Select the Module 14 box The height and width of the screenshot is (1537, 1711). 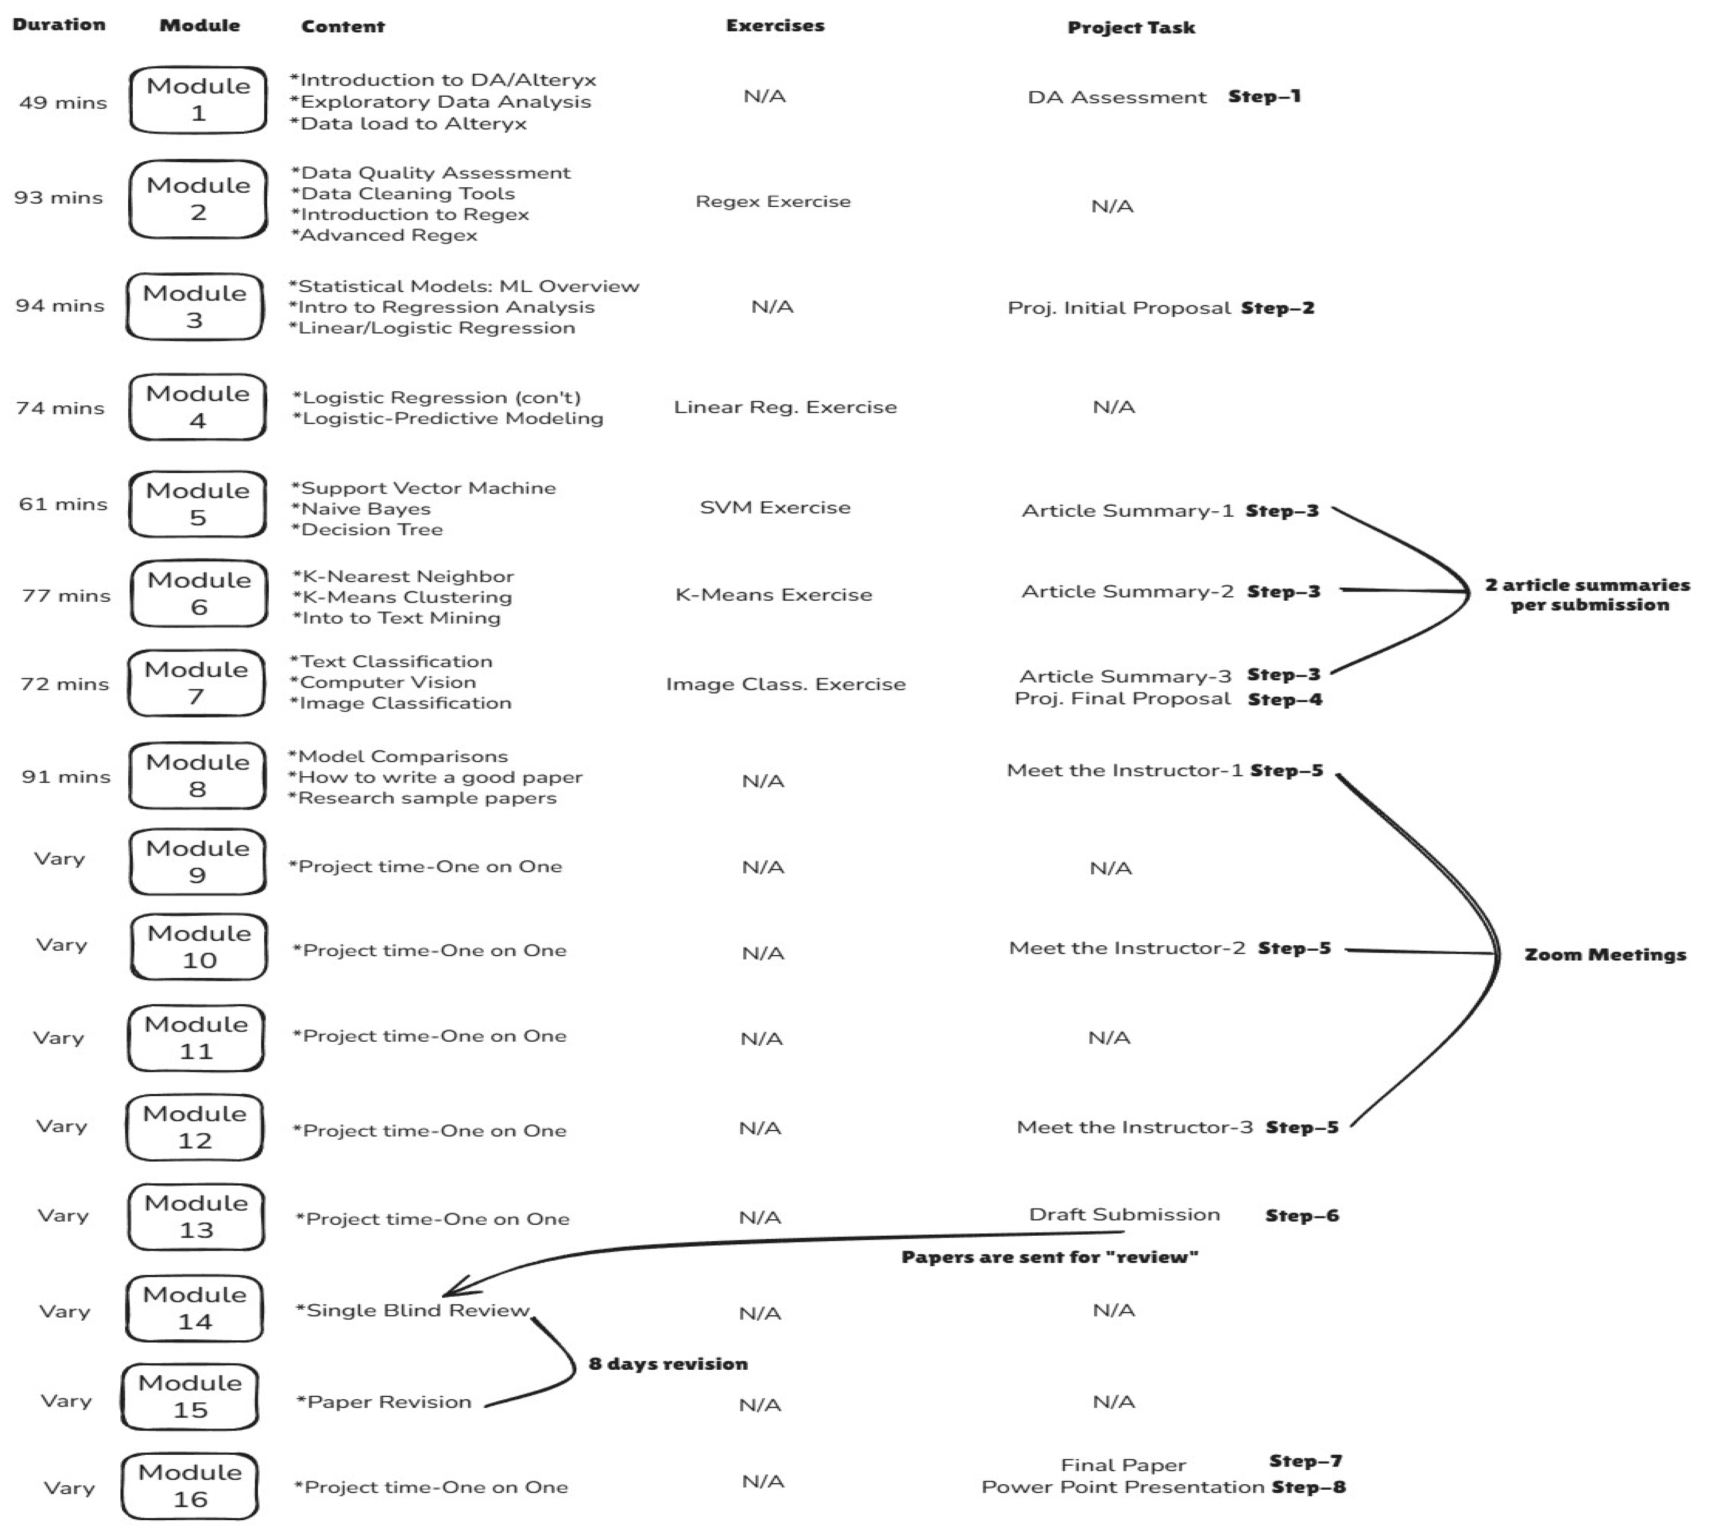(x=194, y=1307)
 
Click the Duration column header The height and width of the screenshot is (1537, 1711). (x=59, y=25)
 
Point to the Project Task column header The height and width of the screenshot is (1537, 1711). (x=1131, y=28)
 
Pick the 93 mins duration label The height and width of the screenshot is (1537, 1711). (x=58, y=198)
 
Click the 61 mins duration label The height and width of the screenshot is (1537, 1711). (x=63, y=504)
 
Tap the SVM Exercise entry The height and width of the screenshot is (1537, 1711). (x=775, y=508)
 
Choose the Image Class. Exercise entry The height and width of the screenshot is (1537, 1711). (x=785, y=684)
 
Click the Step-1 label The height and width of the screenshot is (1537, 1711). (x=1264, y=96)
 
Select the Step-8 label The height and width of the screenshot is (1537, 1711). (x=1308, y=1487)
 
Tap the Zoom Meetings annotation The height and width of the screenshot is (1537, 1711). (x=1605, y=955)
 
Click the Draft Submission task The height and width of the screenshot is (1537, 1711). (x=1124, y=1214)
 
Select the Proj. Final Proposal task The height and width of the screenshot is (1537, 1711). (x=1122, y=699)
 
